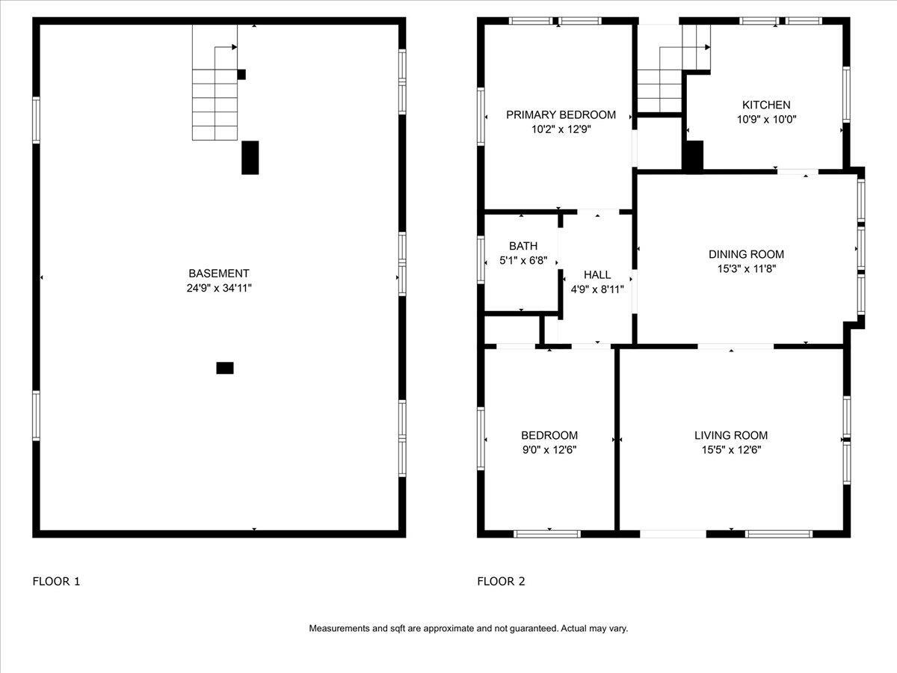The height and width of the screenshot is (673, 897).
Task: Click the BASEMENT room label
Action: click(218, 274)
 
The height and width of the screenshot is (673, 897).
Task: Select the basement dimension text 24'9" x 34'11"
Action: click(219, 288)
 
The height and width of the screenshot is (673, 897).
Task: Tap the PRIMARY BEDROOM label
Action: click(561, 115)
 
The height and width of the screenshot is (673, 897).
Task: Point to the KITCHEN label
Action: click(766, 105)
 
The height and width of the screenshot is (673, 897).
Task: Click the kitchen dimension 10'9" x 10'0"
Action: click(766, 120)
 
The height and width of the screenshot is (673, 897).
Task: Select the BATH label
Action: click(523, 246)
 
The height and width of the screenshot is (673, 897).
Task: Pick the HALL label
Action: click(597, 274)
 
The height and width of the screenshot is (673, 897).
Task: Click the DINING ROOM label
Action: click(746, 254)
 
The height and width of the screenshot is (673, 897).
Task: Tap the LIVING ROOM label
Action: click(731, 435)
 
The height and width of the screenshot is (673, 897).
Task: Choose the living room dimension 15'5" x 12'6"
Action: click(731, 449)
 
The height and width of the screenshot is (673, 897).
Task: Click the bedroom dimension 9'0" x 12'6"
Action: click(549, 449)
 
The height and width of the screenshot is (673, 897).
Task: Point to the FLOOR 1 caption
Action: click(56, 581)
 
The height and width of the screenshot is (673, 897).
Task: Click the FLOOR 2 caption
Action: click(501, 581)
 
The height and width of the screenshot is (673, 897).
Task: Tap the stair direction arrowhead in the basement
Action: click(235, 47)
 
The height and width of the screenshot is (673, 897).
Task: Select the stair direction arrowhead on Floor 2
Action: click(707, 47)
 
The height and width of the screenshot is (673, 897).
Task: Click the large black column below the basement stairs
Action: click(250, 158)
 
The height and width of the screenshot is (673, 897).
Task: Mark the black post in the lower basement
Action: click(225, 368)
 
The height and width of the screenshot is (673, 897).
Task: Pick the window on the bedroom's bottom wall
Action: click(547, 534)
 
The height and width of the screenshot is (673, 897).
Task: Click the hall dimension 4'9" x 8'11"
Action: click(597, 289)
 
